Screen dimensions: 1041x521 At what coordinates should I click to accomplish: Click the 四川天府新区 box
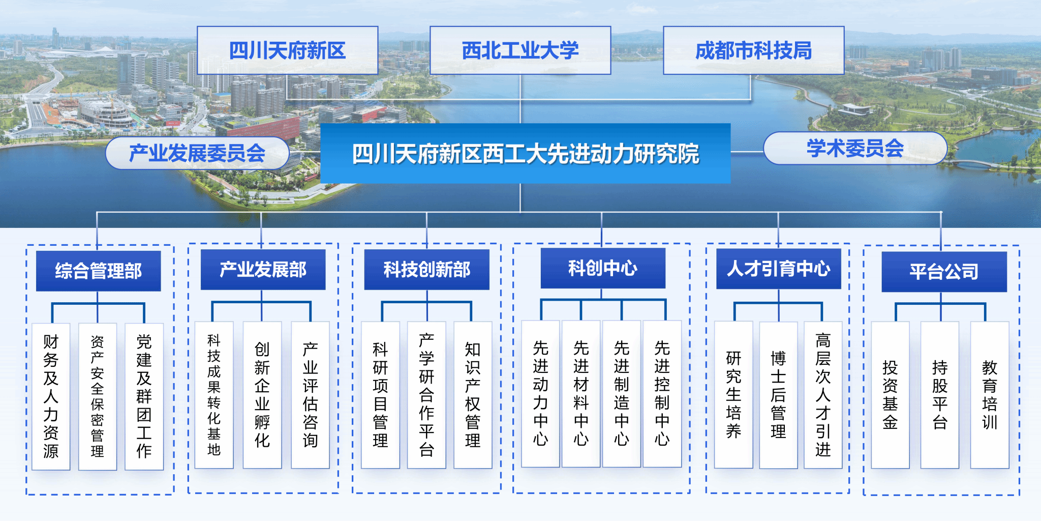coord(288,50)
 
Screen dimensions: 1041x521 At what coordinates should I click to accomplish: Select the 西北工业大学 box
coord(520,50)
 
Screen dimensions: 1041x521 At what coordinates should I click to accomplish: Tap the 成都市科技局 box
coord(754,50)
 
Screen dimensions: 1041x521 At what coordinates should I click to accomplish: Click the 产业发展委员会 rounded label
coord(197,153)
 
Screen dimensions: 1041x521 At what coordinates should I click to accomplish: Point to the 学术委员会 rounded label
coord(855,148)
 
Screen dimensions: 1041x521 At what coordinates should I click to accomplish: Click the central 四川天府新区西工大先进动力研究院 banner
coord(526,153)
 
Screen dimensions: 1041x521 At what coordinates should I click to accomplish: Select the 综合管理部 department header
coord(99,271)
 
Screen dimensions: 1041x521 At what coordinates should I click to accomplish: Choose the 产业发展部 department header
coord(263,270)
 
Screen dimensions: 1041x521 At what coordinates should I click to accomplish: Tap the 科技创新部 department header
coord(427,270)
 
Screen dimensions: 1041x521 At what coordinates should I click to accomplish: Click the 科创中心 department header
coord(603,268)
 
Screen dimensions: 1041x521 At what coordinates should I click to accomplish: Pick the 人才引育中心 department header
coord(779,269)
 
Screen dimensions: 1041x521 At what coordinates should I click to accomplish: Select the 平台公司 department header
coord(944,272)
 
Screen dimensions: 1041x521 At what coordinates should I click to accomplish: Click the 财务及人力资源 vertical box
coord(51,396)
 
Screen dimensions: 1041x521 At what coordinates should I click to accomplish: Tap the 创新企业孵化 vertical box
coord(262,395)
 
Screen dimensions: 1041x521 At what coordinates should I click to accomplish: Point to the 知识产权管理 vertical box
coord(473,395)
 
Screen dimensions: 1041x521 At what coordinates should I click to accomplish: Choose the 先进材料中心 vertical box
coord(581,394)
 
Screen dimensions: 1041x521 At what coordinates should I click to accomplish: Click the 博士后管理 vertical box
coord(778,395)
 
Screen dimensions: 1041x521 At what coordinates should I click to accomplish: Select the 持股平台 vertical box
coord(940,395)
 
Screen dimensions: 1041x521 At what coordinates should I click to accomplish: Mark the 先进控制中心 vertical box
coord(662,394)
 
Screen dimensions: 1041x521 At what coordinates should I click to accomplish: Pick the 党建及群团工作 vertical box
coord(144,396)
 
